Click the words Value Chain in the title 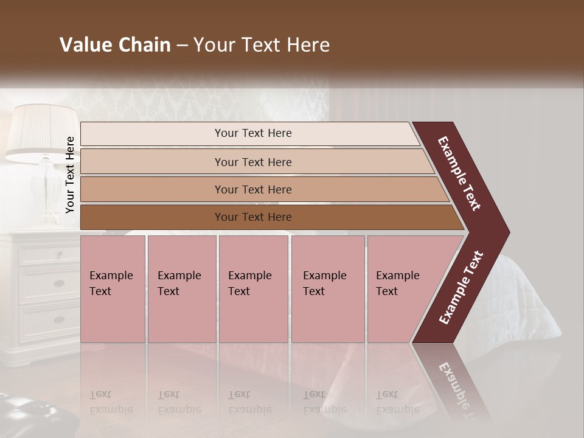[115, 45]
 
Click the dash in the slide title [182, 45]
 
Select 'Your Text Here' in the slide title [262, 45]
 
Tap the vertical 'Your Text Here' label [70, 175]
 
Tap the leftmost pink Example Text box [113, 289]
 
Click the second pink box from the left [181, 289]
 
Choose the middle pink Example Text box [253, 289]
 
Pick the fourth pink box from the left [327, 289]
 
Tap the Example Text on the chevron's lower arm [461, 288]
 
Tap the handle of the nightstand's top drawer [59, 252]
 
